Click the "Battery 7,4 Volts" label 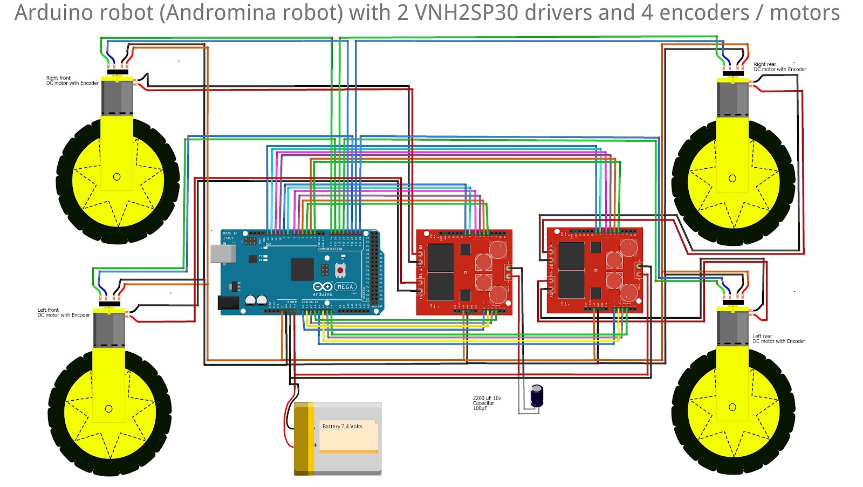coord(342,427)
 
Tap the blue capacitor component coord(537,396)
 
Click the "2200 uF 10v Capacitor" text coord(487,403)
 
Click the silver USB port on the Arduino coord(223,253)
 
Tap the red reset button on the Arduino coord(340,269)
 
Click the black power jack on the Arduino coord(228,303)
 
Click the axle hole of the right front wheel coord(117,177)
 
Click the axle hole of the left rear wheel coord(732,407)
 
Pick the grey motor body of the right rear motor coord(732,99)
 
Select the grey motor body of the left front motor coord(109,330)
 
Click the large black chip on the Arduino coord(302,269)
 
